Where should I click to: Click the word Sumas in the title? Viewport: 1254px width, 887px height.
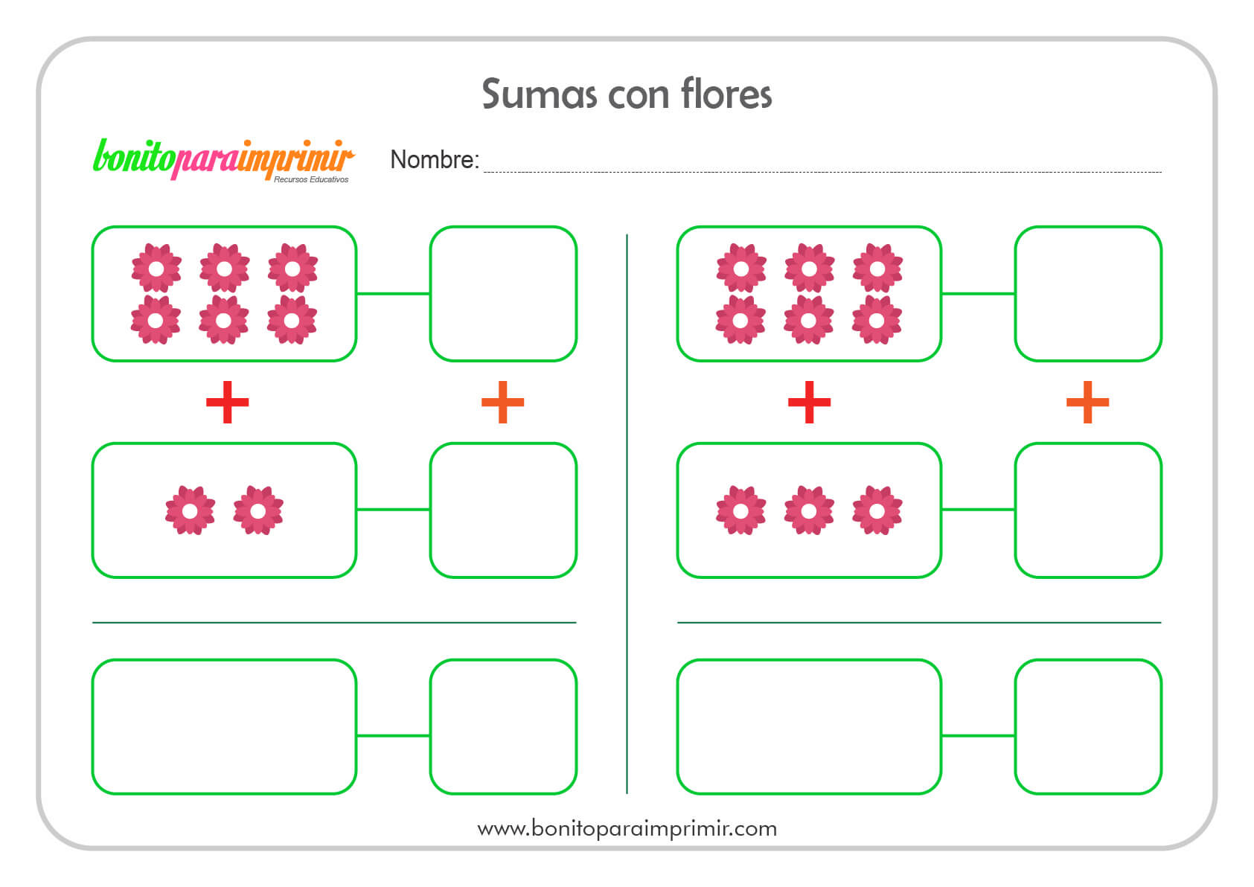pos(539,94)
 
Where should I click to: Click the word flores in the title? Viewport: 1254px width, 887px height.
pos(726,93)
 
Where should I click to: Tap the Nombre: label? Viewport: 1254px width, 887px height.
pos(435,160)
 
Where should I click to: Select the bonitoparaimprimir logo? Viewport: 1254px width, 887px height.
pos(223,160)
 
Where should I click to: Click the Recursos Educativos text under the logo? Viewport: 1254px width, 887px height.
pos(310,179)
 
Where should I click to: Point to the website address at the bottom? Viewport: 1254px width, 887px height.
pos(627,829)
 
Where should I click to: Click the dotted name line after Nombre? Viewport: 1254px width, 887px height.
pos(822,172)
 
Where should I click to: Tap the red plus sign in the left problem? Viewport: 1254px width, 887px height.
pos(227,402)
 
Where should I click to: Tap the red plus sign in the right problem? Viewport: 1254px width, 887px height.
pos(809,402)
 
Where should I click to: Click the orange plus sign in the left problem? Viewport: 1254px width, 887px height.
pos(503,402)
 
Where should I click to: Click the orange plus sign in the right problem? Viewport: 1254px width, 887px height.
pos(1087,402)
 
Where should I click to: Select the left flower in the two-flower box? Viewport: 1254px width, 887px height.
pos(190,510)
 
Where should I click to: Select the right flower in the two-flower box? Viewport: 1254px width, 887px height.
pos(258,510)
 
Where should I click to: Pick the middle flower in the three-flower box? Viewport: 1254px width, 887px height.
pos(809,510)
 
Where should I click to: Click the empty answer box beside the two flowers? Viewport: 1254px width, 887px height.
pos(503,510)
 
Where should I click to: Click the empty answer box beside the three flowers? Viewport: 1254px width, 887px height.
pos(1088,510)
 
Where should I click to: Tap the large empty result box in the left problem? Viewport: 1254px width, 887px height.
pos(224,727)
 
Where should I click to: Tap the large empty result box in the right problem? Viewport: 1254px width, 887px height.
pos(809,727)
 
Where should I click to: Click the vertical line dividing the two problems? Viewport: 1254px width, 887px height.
pos(627,513)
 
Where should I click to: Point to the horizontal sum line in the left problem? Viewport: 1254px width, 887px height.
pos(334,622)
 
